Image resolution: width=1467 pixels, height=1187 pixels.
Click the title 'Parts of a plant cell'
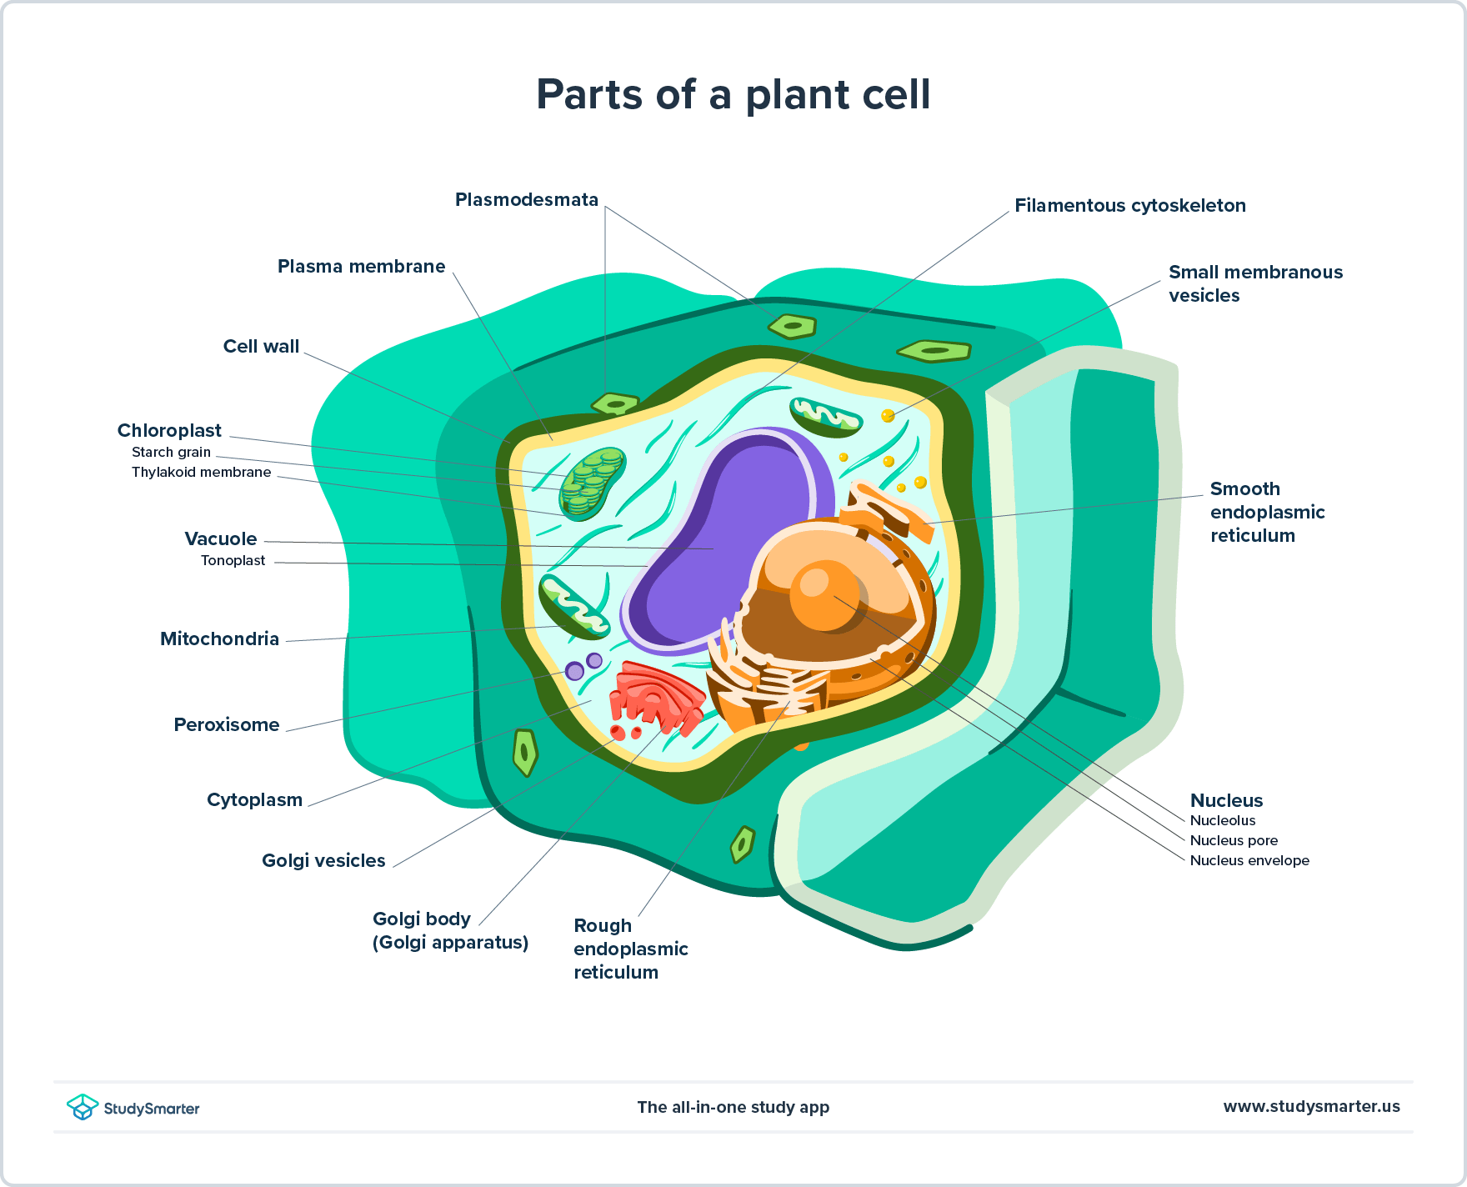click(733, 94)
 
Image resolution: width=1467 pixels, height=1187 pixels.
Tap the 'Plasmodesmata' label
click(526, 200)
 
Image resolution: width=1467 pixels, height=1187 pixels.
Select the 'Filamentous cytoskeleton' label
click(1129, 206)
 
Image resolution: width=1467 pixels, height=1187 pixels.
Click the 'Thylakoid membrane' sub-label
click(201, 473)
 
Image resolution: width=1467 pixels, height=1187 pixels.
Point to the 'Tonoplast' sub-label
click(233, 561)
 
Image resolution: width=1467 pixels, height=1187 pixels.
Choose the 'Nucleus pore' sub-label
click(1233, 840)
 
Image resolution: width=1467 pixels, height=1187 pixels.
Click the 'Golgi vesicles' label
click(323, 861)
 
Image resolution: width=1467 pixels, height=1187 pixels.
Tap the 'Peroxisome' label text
click(226, 725)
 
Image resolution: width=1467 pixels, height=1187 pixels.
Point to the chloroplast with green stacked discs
click(593, 483)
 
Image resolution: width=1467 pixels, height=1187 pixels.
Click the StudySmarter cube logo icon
click(83, 1107)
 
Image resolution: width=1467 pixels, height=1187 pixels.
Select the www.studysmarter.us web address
click(1311, 1107)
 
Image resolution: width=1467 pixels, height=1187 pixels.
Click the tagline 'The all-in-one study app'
click(733, 1107)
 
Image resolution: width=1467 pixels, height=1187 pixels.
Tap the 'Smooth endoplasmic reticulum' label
click(1267, 512)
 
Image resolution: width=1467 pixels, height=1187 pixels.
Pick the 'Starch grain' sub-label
click(171, 453)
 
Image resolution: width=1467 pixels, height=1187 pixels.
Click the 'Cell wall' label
click(261, 347)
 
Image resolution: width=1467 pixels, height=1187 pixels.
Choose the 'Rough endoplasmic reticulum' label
click(630, 949)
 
